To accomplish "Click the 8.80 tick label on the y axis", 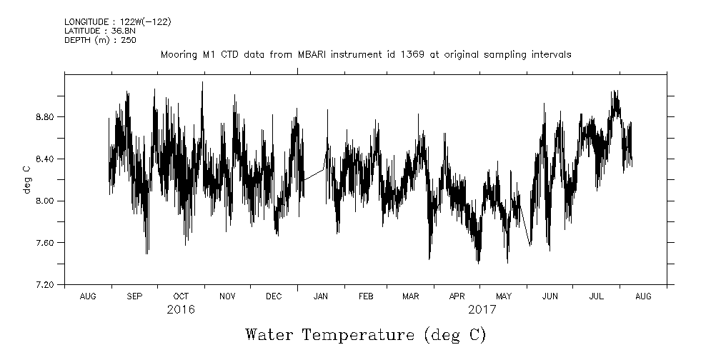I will tap(44, 116).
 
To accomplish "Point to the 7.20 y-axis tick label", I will tap(44, 285).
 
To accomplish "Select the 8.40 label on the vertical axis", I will tap(44, 159).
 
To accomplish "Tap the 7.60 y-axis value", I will tap(44, 243).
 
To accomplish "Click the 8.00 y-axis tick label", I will tap(44, 201).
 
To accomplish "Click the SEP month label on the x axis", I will tap(134, 296).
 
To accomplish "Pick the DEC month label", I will tap(274, 296).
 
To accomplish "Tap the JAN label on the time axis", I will tap(321, 296).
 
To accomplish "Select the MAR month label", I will tap(411, 296).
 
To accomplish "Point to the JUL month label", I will tap(597, 296).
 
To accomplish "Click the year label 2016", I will tap(181, 311).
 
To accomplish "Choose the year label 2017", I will tap(482, 311).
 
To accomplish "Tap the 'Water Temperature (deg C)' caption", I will tap(365, 334).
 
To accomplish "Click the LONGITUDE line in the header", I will tap(117, 22).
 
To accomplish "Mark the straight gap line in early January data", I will tap(313, 174).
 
